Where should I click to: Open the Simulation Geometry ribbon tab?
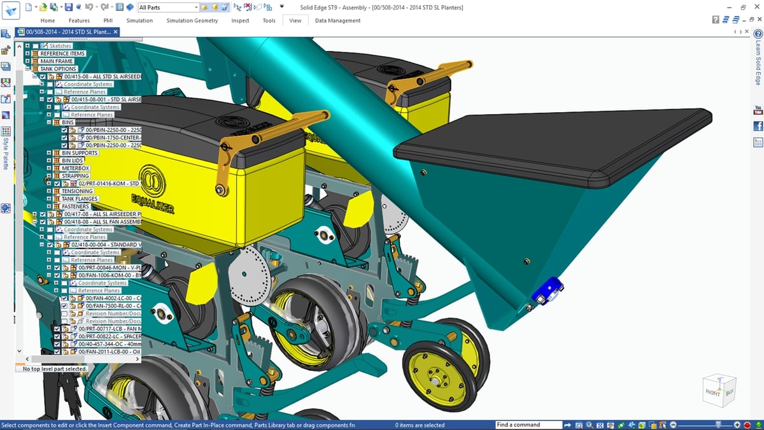click(192, 20)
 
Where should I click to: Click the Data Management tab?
click(337, 20)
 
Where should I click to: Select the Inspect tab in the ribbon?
click(240, 20)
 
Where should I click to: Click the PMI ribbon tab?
click(108, 20)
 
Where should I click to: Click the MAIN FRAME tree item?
click(57, 61)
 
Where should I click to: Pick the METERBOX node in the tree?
click(75, 168)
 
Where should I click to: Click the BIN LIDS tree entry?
click(73, 161)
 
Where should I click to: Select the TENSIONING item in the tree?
click(77, 191)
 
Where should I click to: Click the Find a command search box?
click(527, 425)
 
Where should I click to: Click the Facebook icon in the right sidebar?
click(758, 126)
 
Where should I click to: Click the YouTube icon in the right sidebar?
click(758, 111)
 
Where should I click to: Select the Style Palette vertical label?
click(6, 153)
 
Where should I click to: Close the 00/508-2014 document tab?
click(116, 32)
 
